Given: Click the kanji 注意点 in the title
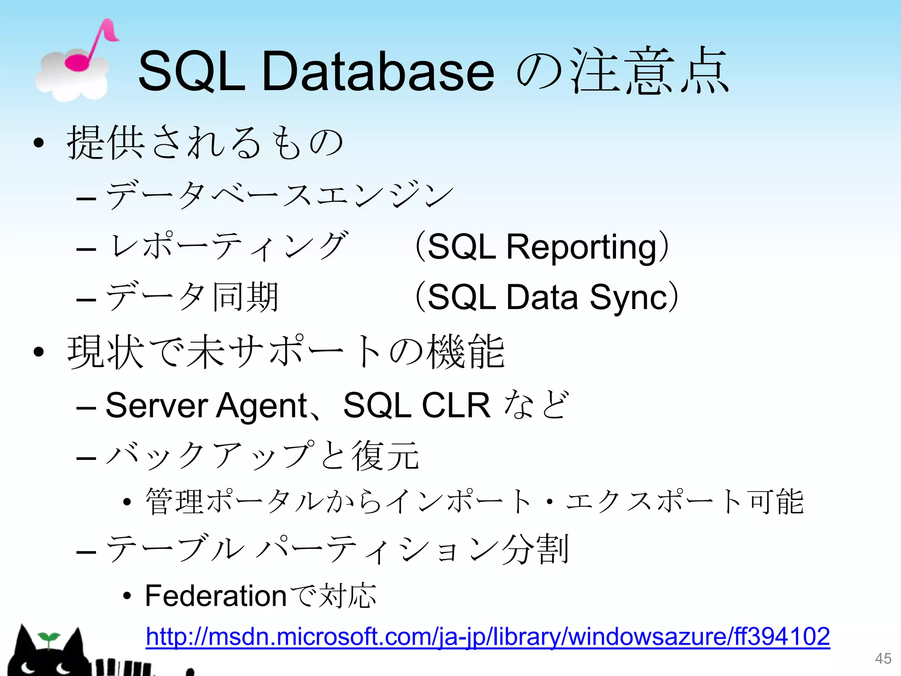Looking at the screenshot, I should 649,72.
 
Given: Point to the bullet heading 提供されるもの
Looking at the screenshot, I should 205,142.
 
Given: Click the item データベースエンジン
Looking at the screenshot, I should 279,195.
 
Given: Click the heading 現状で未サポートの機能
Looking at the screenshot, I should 286,352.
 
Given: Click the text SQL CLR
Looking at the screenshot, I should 416,405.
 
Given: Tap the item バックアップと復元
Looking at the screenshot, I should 263,456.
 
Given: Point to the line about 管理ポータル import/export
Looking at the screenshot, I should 474,502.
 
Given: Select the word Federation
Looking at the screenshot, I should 216,596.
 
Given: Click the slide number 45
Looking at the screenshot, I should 883,659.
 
